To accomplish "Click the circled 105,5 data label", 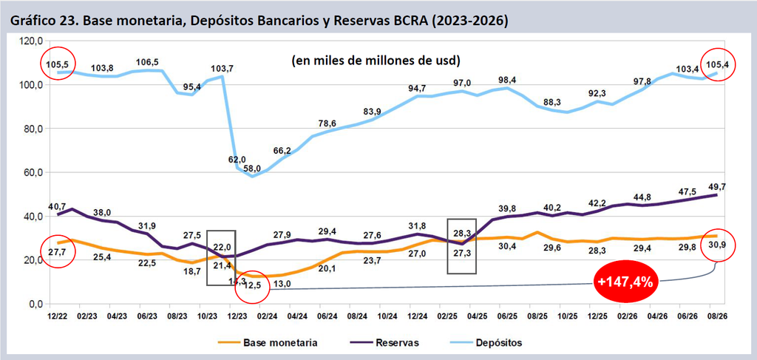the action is click(x=57, y=64).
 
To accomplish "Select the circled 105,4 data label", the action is click(x=716, y=64).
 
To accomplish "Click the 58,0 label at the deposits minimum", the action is click(x=252, y=169).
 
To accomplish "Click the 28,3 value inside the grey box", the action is click(x=462, y=233).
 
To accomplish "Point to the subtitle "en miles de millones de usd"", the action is click(x=375, y=61).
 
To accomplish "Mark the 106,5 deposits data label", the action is click(x=149, y=62).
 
